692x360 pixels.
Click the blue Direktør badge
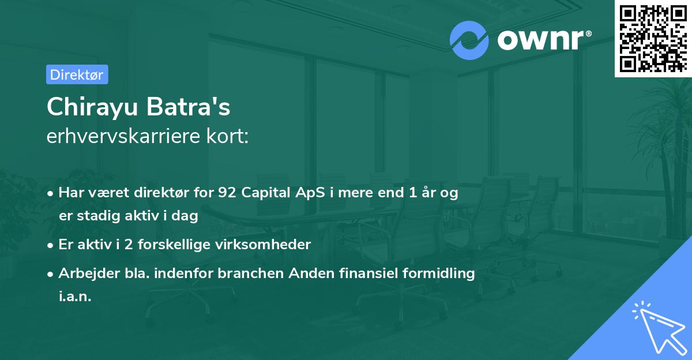coord(77,74)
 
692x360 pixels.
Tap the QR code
coord(653,39)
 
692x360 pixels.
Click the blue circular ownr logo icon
coord(469,40)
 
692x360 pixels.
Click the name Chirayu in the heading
coord(92,107)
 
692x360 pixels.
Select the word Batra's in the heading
coord(188,107)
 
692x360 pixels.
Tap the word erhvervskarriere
coord(123,136)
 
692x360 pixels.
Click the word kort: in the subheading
coord(227,136)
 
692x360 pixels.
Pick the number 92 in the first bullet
coord(227,193)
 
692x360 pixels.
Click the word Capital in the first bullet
coord(266,193)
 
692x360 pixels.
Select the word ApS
coord(310,193)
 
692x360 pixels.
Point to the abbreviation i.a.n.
coord(75,297)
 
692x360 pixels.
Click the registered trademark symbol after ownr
coord(588,33)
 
